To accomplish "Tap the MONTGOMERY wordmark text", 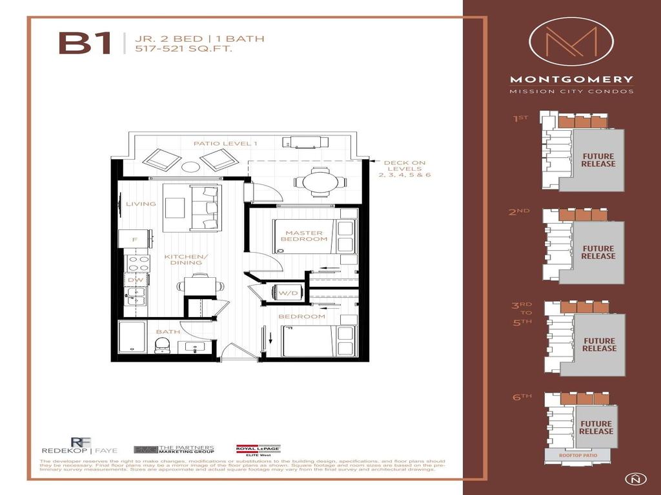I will click(x=571, y=80).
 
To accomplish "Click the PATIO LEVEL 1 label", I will click(x=226, y=143).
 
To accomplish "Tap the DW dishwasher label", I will click(x=135, y=280).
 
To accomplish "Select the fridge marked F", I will click(x=135, y=239).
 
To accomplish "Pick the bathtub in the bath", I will click(x=132, y=337).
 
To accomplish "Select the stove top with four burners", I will click(x=137, y=263).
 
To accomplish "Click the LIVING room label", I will click(x=141, y=204).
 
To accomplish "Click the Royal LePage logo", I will click(x=258, y=450).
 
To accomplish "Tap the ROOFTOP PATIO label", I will click(x=581, y=456).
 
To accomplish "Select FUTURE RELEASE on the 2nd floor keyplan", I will click(x=598, y=252).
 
